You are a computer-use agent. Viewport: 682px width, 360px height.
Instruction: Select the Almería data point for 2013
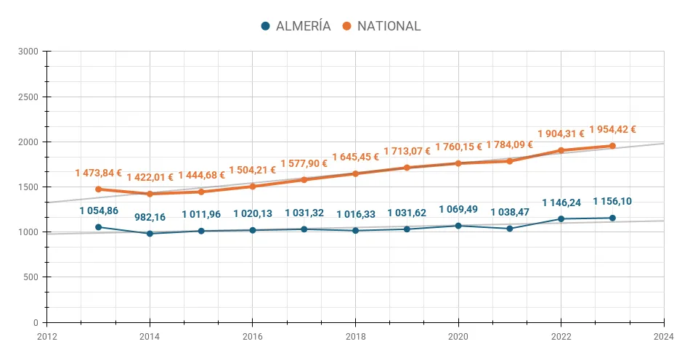(98, 227)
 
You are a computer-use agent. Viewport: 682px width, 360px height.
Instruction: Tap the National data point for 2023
(612, 146)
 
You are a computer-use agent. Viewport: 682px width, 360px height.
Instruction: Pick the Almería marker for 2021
(509, 229)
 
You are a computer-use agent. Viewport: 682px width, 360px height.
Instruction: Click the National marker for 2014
(150, 194)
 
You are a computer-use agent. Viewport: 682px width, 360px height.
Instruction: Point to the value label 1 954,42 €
(612, 130)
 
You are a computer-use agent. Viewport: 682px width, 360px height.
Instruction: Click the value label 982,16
(150, 217)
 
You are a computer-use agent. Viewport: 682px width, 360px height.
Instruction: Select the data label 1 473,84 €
(98, 173)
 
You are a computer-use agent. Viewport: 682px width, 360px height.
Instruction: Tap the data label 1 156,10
(612, 202)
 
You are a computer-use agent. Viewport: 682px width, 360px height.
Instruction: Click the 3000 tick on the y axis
(29, 52)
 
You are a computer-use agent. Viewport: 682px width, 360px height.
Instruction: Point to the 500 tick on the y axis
(31, 277)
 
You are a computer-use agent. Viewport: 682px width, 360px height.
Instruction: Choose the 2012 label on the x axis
(46, 336)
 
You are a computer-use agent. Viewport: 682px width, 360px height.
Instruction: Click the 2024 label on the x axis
(663, 336)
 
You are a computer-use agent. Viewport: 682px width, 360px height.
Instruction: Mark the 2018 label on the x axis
(355, 336)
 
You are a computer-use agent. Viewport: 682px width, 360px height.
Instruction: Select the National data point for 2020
(458, 163)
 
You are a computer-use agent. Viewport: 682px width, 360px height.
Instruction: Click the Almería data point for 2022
(561, 219)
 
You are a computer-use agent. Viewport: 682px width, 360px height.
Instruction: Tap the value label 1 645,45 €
(355, 157)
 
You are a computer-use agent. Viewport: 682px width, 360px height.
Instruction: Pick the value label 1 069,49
(458, 210)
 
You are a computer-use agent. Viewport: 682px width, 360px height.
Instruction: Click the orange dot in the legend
(347, 26)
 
